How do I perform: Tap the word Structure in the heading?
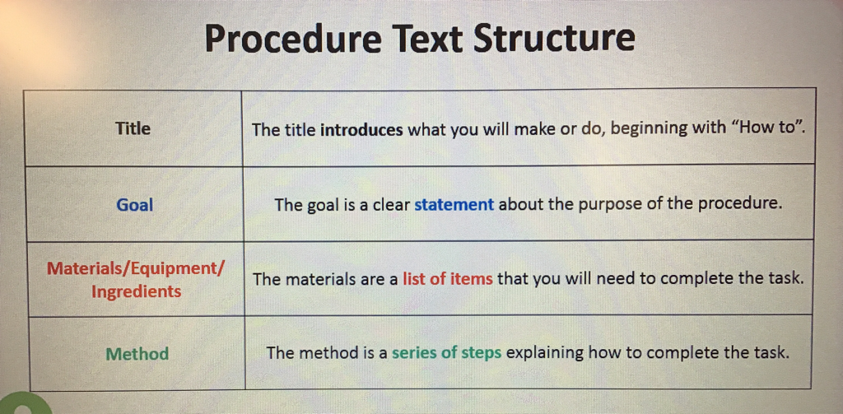[555, 38]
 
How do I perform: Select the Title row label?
[133, 128]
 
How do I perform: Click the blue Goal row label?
[134, 205]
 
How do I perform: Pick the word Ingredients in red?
[136, 292]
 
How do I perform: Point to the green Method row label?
[137, 354]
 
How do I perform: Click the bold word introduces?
[361, 129]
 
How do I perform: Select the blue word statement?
[454, 205]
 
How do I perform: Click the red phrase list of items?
[447, 279]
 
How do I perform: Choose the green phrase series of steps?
[446, 353]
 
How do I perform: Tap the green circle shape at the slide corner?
[25, 404]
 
